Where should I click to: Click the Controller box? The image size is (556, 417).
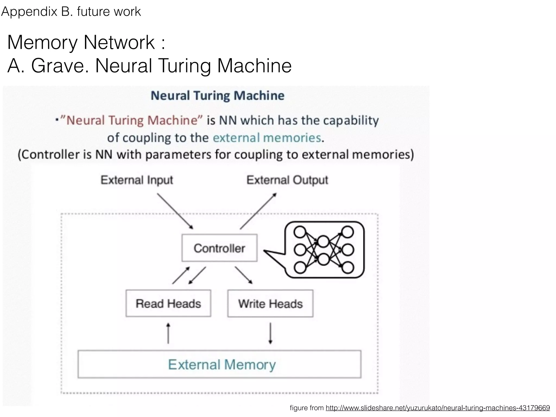tap(219, 248)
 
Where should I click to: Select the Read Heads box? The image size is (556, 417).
tap(168, 303)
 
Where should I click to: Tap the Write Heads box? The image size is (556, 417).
tap(270, 303)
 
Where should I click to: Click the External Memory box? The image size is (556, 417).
tap(219, 364)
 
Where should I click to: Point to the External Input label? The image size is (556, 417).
tap(137, 180)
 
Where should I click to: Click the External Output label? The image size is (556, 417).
tap(287, 180)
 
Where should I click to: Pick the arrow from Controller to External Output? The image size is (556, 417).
tap(258, 211)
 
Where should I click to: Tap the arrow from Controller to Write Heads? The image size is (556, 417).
tap(244, 275)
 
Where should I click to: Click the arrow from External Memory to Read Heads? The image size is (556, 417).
tap(168, 333)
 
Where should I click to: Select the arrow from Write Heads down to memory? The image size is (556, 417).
tap(270, 333)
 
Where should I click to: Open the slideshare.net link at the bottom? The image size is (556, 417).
tap(438, 408)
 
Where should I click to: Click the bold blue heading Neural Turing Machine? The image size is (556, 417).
tap(217, 96)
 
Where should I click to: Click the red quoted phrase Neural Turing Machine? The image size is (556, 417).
tap(132, 120)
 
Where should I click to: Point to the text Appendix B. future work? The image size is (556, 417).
tap(71, 12)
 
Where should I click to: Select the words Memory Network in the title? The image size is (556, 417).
tap(81, 42)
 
